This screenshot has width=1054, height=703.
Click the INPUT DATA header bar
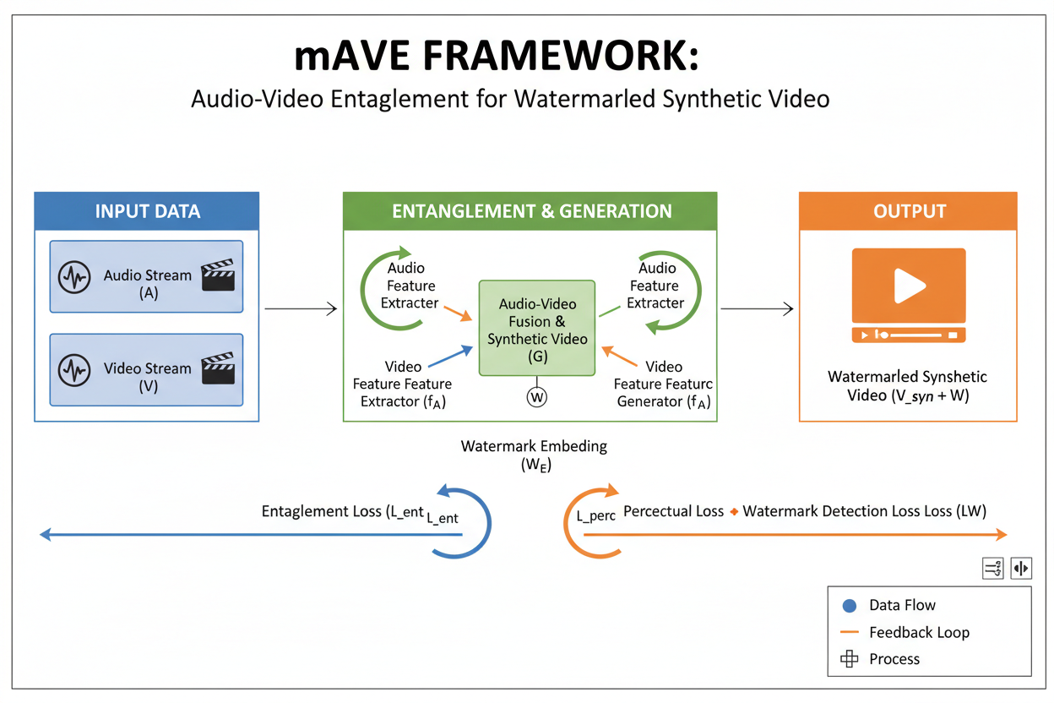pyautogui.click(x=147, y=211)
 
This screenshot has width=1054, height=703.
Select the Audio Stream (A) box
pyautogui.click(x=147, y=277)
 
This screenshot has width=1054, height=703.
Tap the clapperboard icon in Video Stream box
pyautogui.click(x=218, y=368)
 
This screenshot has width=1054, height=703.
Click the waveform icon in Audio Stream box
pyautogui.click(x=74, y=277)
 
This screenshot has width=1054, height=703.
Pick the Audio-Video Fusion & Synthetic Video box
pyautogui.click(x=537, y=328)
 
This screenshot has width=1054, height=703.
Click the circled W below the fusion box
pyautogui.click(x=537, y=395)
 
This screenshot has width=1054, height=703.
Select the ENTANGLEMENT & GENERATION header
pyautogui.click(x=530, y=211)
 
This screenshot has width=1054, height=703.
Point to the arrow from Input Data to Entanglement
pyautogui.click(x=301, y=309)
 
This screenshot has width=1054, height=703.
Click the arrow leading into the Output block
pyautogui.click(x=757, y=309)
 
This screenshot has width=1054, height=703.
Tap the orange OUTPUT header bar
pyautogui.click(x=909, y=211)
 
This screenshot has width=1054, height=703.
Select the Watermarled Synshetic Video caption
pyautogui.click(x=907, y=385)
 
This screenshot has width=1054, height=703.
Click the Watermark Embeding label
pyautogui.click(x=534, y=454)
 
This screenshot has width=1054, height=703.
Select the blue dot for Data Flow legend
pyautogui.click(x=850, y=606)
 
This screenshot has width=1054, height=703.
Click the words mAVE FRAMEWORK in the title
pyautogui.click(x=497, y=58)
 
